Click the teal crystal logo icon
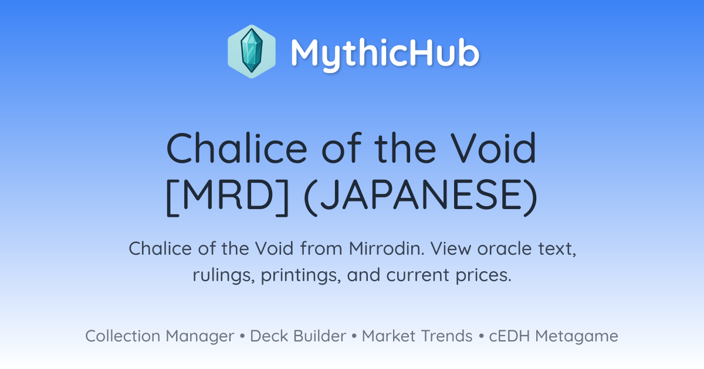[x=252, y=52]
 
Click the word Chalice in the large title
[x=236, y=148]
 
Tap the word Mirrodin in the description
[x=387, y=248]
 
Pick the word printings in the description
[x=301, y=275]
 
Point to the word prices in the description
[x=483, y=275]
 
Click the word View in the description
[x=451, y=248]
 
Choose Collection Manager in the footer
[x=160, y=336]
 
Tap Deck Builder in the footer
[x=298, y=336]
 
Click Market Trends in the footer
[x=417, y=336]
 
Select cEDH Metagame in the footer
[x=553, y=336]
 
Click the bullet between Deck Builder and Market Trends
[x=354, y=336]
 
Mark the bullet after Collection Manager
[x=242, y=336]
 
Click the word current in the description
[x=418, y=275]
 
